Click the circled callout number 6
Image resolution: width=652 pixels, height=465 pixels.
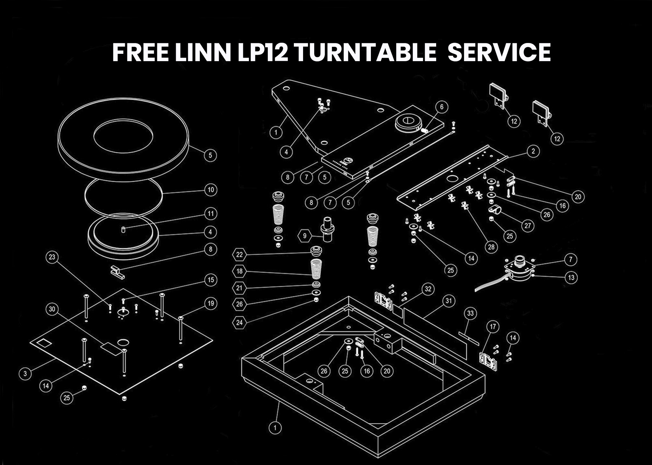click(442, 107)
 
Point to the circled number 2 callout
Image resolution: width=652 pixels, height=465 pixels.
click(534, 151)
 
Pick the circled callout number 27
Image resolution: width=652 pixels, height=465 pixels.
click(528, 226)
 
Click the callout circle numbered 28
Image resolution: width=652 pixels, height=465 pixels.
click(491, 247)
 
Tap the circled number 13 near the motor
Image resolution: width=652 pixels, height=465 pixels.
click(571, 277)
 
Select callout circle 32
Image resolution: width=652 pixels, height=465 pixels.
click(428, 289)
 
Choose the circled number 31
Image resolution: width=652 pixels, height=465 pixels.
click(449, 301)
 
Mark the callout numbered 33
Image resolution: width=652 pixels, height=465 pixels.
click(471, 313)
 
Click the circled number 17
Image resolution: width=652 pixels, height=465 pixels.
click(493, 327)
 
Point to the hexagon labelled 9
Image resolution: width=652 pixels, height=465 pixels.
click(305, 236)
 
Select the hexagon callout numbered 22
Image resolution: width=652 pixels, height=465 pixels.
click(239, 254)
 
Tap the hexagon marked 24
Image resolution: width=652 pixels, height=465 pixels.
click(239, 323)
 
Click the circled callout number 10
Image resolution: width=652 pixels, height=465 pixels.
click(210, 190)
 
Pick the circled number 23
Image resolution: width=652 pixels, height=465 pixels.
click(52, 257)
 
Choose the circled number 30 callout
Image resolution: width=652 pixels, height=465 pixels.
click(52, 309)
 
